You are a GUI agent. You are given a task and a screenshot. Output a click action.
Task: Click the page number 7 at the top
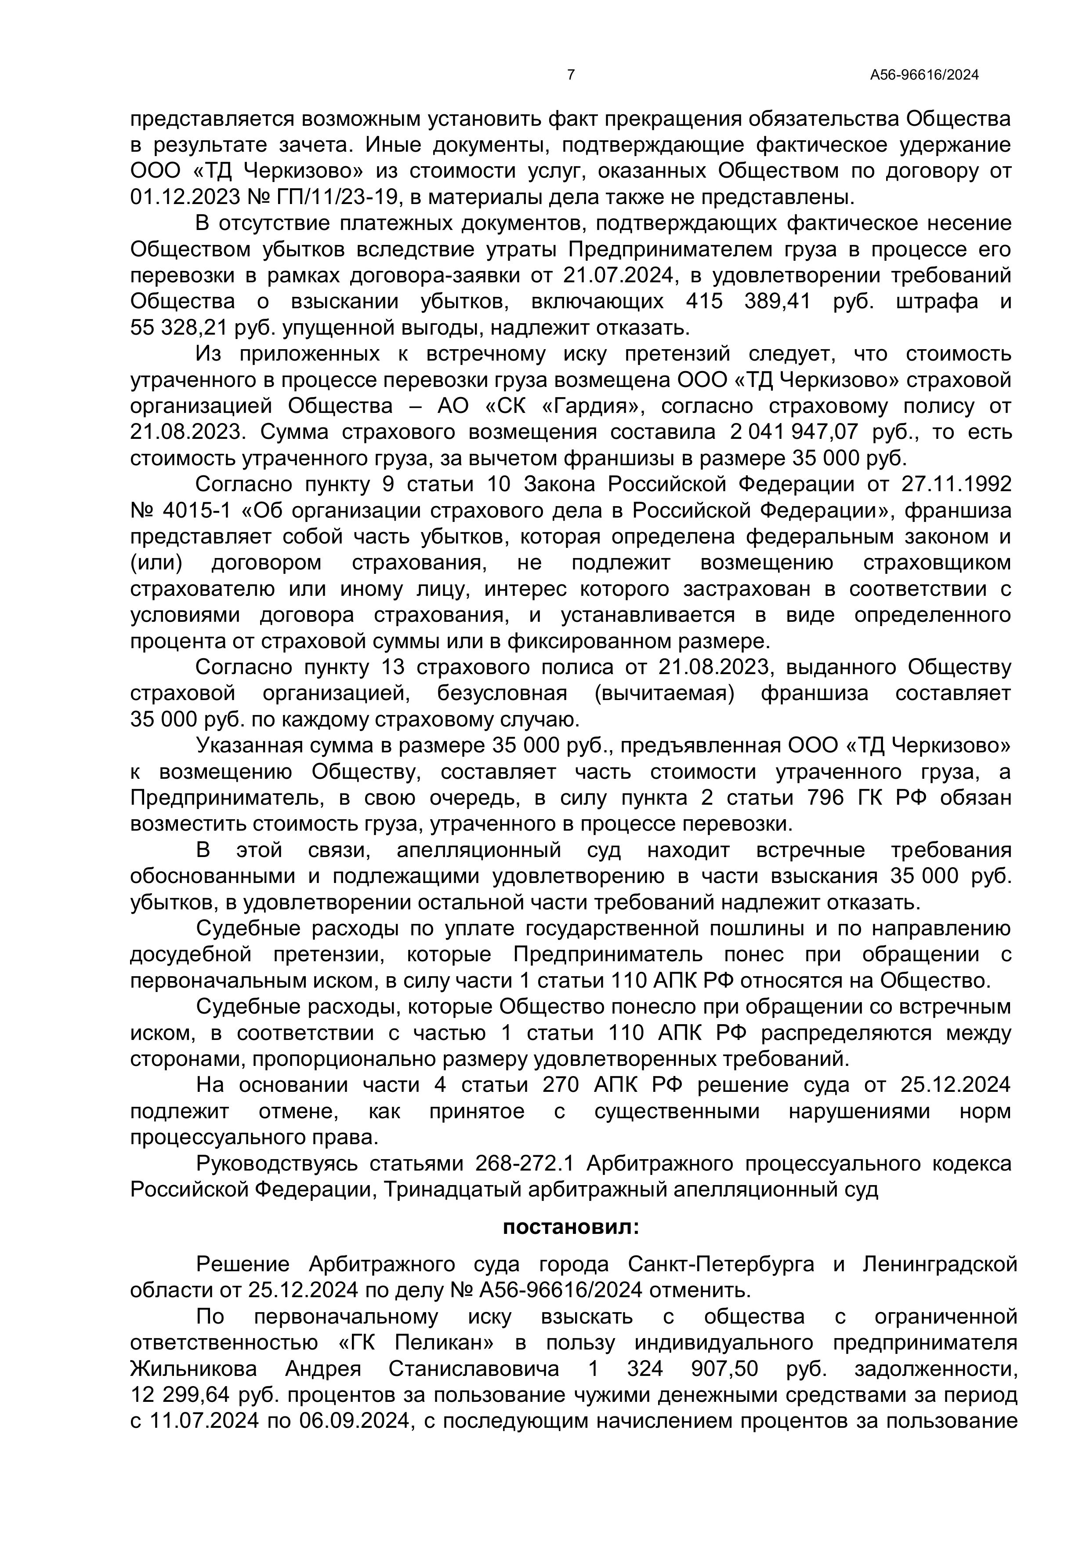click(571, 75)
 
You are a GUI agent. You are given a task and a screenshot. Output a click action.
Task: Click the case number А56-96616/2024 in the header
click(924, 75)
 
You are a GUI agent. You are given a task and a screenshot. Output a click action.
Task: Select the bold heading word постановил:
click(571, 1227)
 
